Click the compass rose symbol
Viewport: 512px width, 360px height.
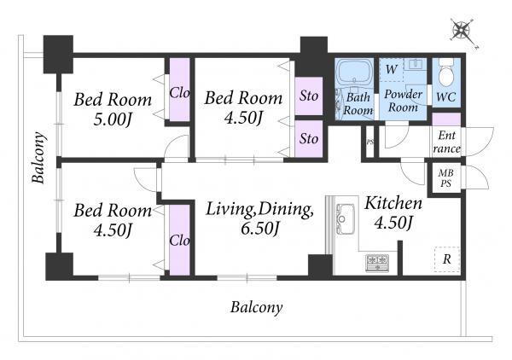pos(463,32)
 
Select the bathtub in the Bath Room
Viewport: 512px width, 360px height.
pos(354,73)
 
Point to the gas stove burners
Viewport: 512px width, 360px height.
pos(377,263)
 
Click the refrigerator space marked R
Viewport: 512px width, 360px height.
pos(447,259)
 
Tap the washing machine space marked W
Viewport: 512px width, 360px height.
pos(392,69)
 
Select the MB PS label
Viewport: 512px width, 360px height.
pos(446,178)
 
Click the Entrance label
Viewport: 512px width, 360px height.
pos(446,142)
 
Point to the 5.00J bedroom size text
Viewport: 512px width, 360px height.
pos(113,119)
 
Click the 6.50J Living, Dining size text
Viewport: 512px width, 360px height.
pos(260,228)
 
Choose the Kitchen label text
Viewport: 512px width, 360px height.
pos(393,203)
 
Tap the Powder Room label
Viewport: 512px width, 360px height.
pos(404,101)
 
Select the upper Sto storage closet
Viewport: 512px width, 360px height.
pos(309,96)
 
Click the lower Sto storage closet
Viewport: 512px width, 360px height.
pos(309,139)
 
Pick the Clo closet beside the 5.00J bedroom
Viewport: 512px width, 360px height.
pos(179,90)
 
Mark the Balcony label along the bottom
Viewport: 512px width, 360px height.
pos(257,307)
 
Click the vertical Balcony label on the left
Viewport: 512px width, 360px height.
pos(38,157)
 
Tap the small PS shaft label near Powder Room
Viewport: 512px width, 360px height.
pos(369,142)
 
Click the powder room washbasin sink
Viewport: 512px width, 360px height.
pos(416,64)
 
